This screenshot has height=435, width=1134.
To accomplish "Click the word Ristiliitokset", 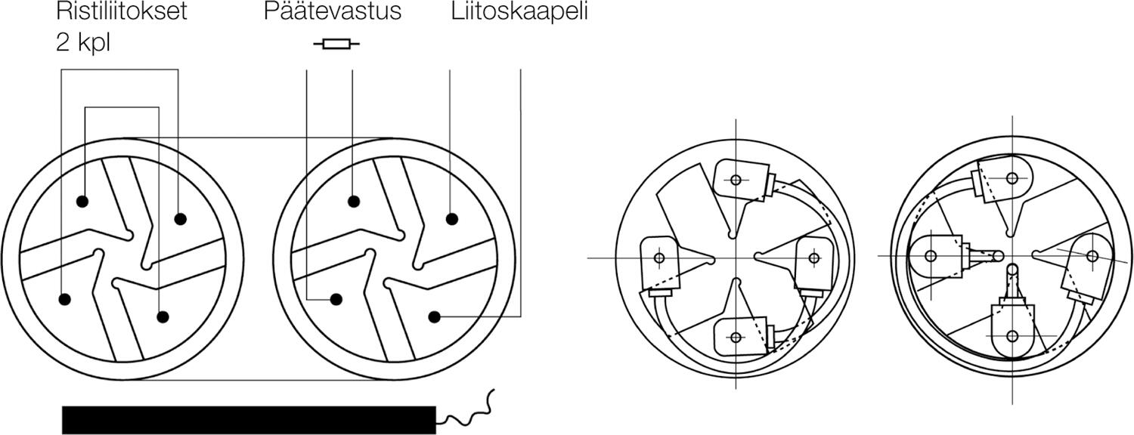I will click(121, 13).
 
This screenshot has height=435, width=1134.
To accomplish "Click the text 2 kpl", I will click(83, 42).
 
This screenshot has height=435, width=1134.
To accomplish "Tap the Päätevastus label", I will click(333, 13).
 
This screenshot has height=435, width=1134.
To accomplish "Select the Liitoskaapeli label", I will click(519, 13).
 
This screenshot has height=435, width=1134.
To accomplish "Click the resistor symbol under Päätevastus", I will click(336, 45).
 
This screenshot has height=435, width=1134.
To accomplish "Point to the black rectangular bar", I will click(249, 419).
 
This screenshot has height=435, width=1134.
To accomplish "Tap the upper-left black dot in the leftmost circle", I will click(82, 202).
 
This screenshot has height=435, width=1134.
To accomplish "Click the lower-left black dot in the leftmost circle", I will click(64, 299).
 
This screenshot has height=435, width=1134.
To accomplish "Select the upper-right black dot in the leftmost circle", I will click(179, 219).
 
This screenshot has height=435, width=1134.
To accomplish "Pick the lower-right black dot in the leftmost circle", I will click(161, 317).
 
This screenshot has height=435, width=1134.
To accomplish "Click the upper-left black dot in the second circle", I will click(353, 201).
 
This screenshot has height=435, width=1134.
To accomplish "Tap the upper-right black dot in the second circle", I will click(451, 219).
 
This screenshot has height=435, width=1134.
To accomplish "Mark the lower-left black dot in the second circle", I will click(336, 300).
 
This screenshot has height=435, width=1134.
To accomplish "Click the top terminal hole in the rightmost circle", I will click(1012, 178).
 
